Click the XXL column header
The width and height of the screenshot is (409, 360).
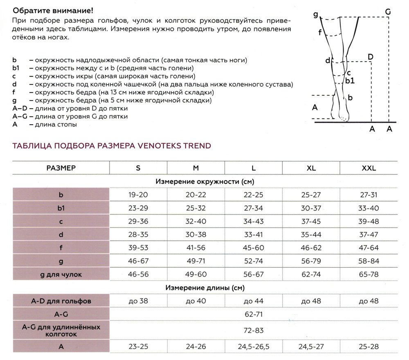point(369,168)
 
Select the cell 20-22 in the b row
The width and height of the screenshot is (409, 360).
point(196,195)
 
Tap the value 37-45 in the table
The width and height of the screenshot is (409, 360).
point(311,221)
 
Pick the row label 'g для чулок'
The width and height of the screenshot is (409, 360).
point(61,275)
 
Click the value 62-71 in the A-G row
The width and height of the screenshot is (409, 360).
point(254,315)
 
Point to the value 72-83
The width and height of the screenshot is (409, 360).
point(254,330)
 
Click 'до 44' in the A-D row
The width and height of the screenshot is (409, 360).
point(254,301)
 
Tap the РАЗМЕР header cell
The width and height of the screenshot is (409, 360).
point(61,168)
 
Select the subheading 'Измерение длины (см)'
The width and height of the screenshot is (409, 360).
point(205,288)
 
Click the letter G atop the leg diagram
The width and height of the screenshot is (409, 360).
point(388,12)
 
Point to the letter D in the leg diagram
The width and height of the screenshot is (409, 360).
point(370,56)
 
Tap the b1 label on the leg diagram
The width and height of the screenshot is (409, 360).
point(349,81)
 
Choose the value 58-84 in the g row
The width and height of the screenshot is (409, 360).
point(369,261)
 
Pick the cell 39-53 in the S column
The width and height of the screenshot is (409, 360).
point(138,248)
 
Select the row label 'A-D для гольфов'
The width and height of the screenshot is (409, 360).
point(61,301)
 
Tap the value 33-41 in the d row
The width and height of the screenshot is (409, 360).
point(254,235)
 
